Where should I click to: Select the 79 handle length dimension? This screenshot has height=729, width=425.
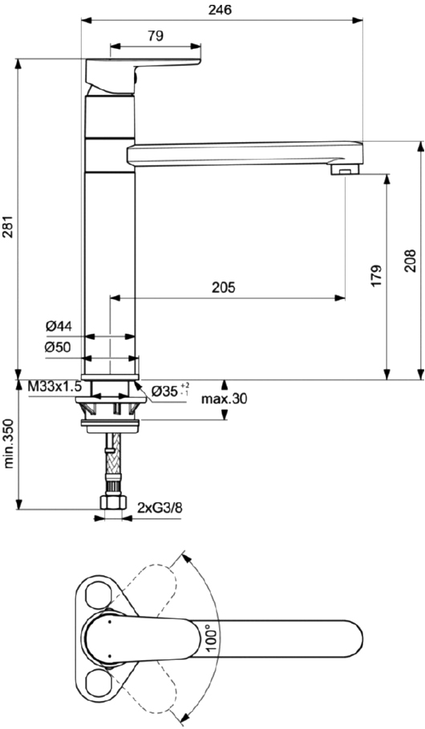click(156, 35)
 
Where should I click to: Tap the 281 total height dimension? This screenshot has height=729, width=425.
click(9, 229)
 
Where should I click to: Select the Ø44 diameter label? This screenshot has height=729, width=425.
click(59, 326)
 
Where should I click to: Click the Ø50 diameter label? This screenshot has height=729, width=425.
click(59, 347)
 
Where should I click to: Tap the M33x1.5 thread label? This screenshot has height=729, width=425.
click(55, 387)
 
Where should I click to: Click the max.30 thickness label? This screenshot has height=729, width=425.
click(225, 399)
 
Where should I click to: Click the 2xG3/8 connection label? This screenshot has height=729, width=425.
click(160, 507)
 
